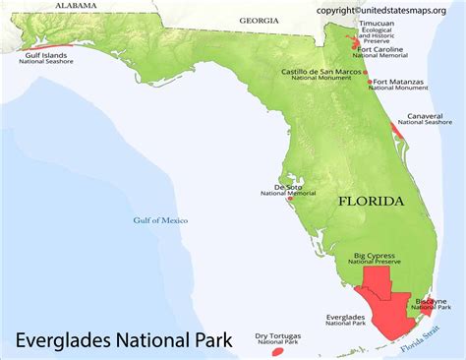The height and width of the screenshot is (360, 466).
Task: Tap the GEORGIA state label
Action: click(x=259, y=20)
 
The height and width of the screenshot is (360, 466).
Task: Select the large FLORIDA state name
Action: click(x=371, y=201)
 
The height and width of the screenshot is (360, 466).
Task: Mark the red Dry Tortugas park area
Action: click(x=277, y=350)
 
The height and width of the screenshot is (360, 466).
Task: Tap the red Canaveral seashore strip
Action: click(x=399, y=129)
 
